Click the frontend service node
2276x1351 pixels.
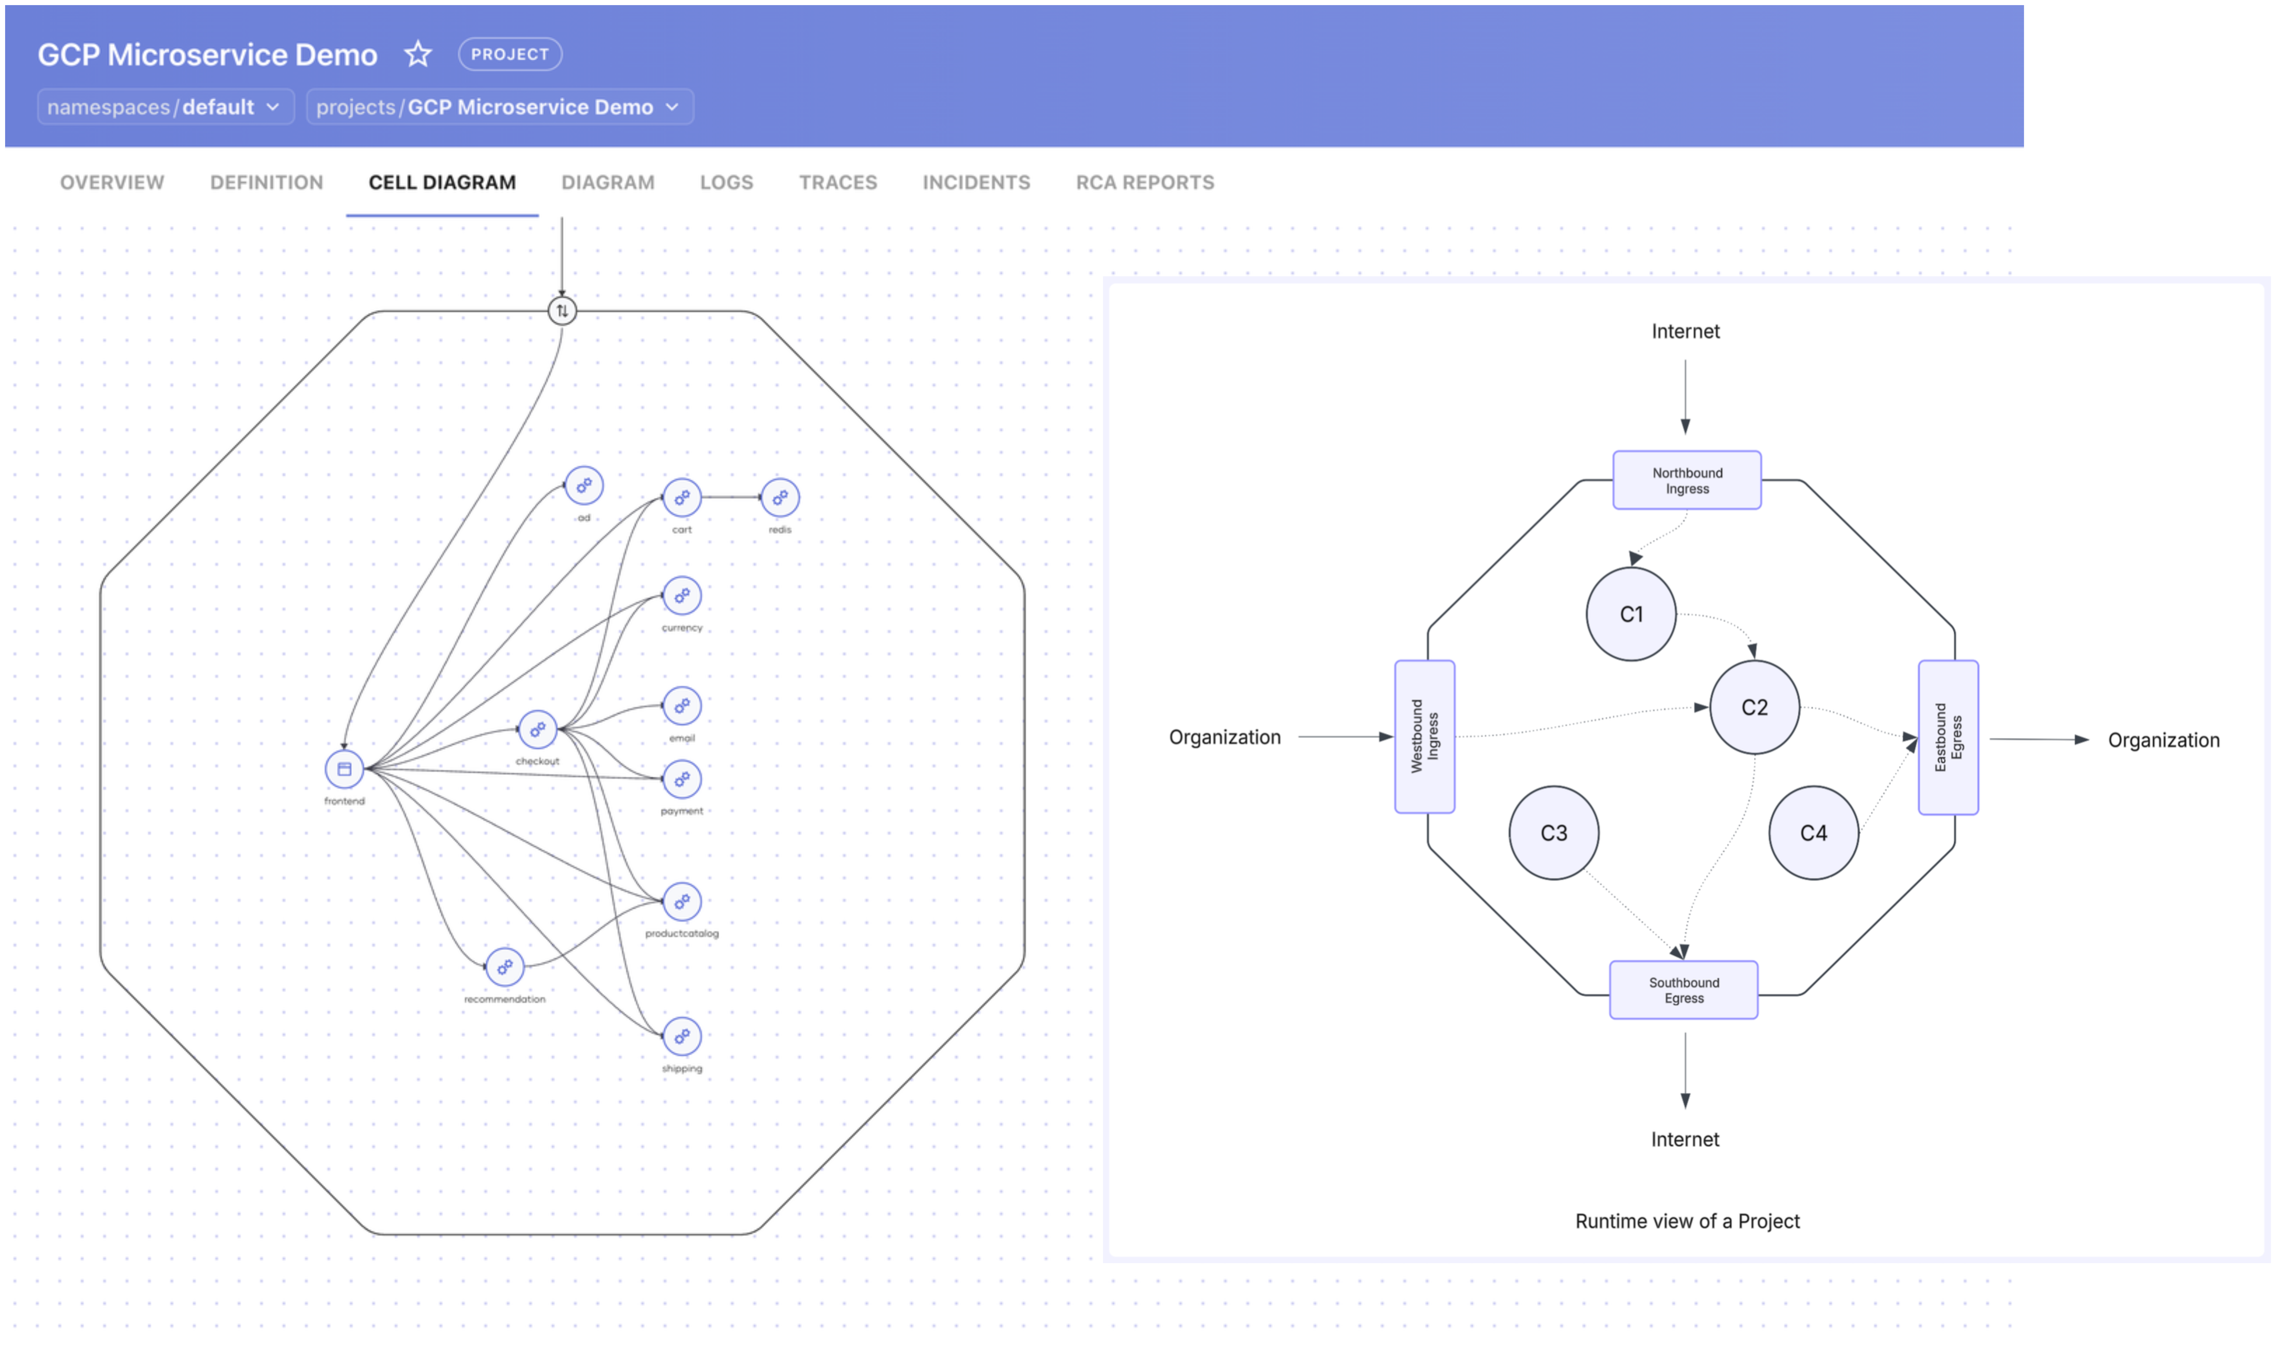[344, 769]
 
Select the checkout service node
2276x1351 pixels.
[537, 729]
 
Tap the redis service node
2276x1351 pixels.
[780, 498]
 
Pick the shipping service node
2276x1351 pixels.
[682, 1036]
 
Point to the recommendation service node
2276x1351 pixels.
[505, 967]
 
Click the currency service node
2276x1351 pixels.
[682, 596]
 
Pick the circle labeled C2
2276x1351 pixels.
[1754, 707]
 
